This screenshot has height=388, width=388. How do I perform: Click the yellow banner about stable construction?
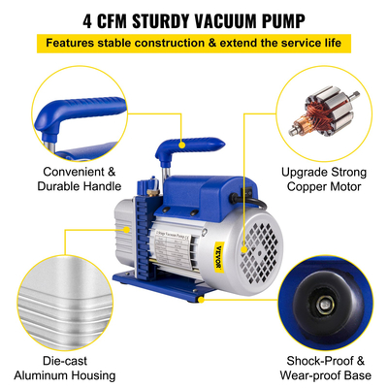(194, 44)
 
